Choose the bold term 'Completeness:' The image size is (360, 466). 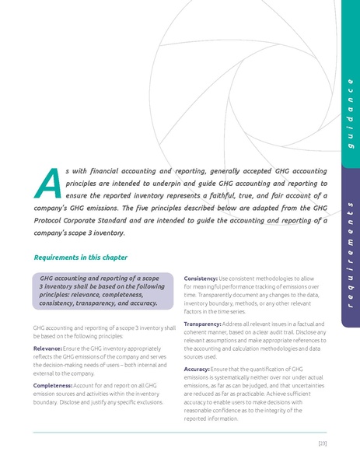click(52, 386)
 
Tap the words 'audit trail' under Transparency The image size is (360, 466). click(299, 332)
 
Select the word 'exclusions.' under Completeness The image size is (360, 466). click(147, 402)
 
